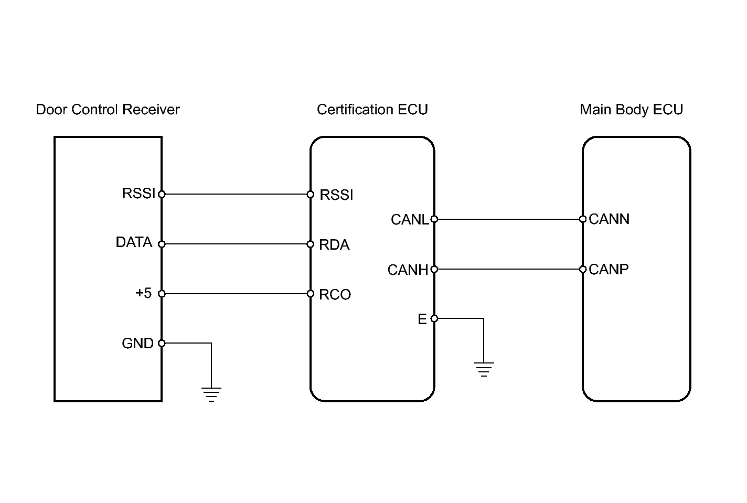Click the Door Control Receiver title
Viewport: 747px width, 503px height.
[x=108, y=110]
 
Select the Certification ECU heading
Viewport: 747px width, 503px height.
[x=372, y=110]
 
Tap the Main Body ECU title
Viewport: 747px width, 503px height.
[x=631, y=110]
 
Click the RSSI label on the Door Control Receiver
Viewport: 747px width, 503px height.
[x=138, y=194]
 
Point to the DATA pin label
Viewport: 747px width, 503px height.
[x=134, y=242]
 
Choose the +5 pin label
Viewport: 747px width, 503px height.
[x=143, y=293]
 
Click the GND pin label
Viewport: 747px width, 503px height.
[x=137, y=343]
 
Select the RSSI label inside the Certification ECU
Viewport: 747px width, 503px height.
[x=336, y=195]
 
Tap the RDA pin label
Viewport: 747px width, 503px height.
[x=334, y=245]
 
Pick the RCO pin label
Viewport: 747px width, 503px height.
[x=335, y=295]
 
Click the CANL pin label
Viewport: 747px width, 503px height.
[x=409, y=220]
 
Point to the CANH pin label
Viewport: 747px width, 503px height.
[x=408, y=270]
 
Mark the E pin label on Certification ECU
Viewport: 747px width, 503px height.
[x=422, y=319]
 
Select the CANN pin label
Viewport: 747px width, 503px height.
[x=609, y=219]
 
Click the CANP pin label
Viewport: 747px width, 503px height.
[x=609, y=270]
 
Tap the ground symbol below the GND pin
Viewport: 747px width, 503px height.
[x=211, y=394]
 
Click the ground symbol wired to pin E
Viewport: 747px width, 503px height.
[x=484, y=369]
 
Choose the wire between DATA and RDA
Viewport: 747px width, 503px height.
[x=236, y=244]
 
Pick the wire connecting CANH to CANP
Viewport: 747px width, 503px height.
[x=508, y=269]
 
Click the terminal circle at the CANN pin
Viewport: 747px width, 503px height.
[x=583, y=219]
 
